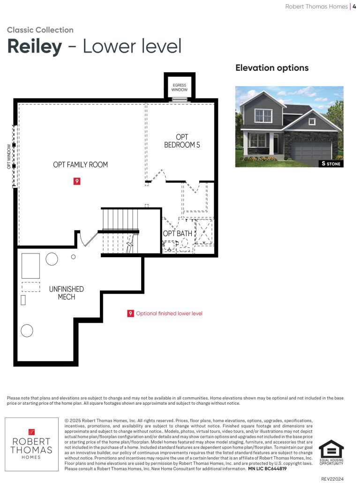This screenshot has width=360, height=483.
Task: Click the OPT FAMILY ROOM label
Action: (81, 165)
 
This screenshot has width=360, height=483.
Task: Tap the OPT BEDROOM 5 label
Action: (182, 141)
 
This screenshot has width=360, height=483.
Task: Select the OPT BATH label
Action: (178, 233)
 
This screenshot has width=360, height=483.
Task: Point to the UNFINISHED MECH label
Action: (67, 293)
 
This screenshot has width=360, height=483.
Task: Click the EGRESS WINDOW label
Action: (180, 88)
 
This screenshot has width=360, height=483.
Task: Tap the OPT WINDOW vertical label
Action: (9, 156)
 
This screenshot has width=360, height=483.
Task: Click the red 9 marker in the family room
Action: (77, 181)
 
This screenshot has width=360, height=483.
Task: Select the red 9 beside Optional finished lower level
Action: (130, 313)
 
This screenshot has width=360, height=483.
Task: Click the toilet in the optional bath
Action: (185, 244)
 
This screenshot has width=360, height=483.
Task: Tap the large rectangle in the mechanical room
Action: (30, 266)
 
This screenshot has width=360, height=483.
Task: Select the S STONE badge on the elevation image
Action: (331, 163)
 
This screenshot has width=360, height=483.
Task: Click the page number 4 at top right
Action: (354, 7)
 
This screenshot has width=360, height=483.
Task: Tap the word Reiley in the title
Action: (35, 47)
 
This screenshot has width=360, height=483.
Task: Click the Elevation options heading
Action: (272, 68)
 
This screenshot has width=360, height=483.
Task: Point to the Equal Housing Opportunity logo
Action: (331, 452)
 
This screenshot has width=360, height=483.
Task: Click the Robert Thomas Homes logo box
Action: (31, 444)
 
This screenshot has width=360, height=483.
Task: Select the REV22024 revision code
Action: (332, 479)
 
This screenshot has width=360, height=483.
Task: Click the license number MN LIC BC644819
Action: (267, 468)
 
